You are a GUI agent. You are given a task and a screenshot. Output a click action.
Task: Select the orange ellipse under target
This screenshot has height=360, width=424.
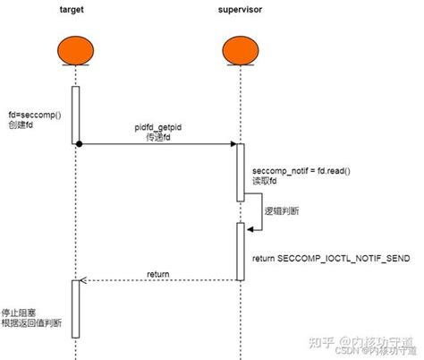click(75, 51)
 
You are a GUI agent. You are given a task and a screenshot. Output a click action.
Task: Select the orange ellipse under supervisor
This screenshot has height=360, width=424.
click(239, 51)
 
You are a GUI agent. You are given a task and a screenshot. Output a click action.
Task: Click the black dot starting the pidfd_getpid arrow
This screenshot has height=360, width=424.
click(79, 144)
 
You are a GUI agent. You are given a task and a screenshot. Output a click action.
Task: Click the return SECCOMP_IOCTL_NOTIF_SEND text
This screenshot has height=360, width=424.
click(331, 257)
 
